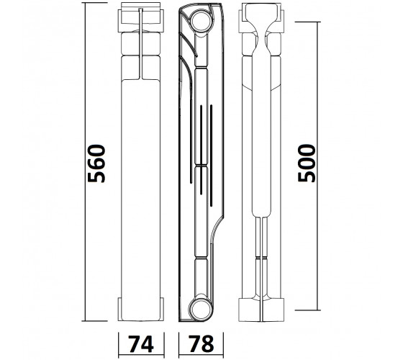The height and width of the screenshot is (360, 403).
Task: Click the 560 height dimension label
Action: point(96,163)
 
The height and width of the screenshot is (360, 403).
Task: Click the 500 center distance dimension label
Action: point(306,163)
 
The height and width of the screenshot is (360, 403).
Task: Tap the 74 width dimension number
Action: point(141,344)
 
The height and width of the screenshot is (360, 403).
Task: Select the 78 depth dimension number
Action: point(201,344)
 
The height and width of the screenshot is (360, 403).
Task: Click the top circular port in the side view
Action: point(201,21)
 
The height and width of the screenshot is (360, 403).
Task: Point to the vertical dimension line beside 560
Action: point(86,162)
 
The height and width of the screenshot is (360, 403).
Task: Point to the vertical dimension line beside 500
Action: point(318,166)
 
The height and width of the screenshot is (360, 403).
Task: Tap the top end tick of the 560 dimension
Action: point(94,3)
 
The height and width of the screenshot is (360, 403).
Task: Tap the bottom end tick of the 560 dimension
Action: point(94,321)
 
